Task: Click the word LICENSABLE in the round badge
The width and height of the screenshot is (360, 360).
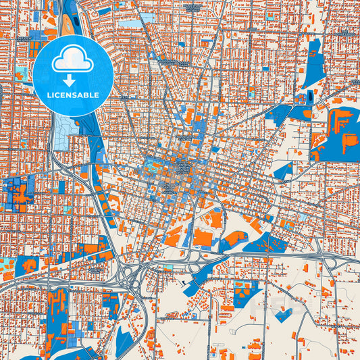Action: [x=72, y=95]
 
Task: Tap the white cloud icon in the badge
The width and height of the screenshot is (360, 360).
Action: [x=72, y=61]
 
